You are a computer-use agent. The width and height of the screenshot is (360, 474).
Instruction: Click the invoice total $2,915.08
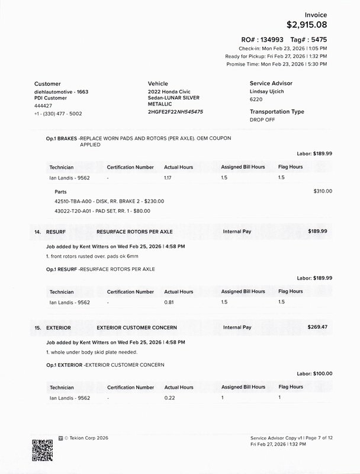coord(306,25)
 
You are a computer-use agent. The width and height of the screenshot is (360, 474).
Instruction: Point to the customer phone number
coord(58,113)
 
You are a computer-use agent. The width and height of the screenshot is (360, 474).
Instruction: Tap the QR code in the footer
coord(42,450)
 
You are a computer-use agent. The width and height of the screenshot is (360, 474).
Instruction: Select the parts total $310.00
coord(323,191)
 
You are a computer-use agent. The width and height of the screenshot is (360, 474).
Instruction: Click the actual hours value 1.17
coord(169,177)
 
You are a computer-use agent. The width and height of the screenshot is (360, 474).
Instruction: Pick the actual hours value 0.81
coord(169,302)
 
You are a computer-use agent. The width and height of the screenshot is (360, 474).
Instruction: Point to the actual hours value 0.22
coord(169,398)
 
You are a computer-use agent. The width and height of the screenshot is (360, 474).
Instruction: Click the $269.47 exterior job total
coord(320,327)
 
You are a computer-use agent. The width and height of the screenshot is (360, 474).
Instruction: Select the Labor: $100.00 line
coord(314,374)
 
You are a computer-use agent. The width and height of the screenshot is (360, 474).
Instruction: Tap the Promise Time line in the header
coord(277,64)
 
